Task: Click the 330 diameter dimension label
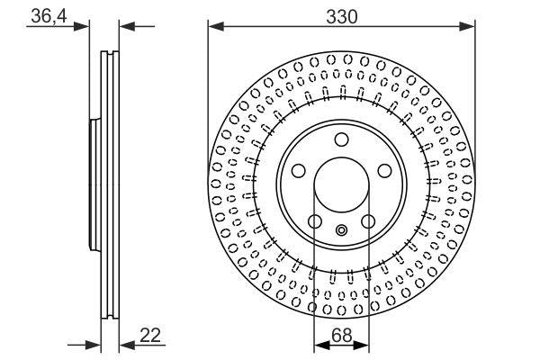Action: click(x=341, y=16)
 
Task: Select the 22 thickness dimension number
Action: click(x=151, y=336)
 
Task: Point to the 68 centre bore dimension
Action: click(x=341, y=336)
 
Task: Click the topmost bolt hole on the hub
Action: click(x=341, y=139)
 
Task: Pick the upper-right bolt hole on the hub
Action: click(x=384, y=170)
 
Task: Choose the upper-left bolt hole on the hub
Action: click(x=298, y=170)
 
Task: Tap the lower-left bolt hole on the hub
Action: click(x=314, y=221)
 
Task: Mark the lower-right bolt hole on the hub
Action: click(x=368, y=221)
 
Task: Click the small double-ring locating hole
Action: click(x=341, y=230)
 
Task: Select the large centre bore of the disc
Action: click(x=341, y=184)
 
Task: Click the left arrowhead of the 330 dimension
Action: click(x=214, y=26)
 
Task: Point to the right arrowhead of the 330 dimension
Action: click(x=468, y=26)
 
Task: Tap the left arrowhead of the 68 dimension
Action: click(x=319, y=346)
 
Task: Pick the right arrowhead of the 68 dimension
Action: click(x=364, y=346)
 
